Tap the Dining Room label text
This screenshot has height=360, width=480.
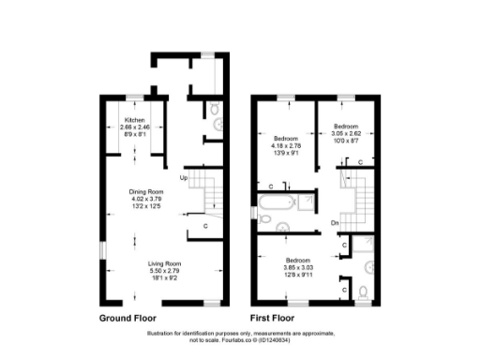[146, 191]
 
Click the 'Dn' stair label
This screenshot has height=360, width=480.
[335, 221]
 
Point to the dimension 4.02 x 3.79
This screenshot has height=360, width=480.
[146, 198]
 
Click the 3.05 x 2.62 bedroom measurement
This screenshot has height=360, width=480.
[347, 132]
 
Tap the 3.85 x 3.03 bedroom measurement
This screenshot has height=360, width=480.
[298, 266]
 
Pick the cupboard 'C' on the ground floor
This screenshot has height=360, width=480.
[204, 226]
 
